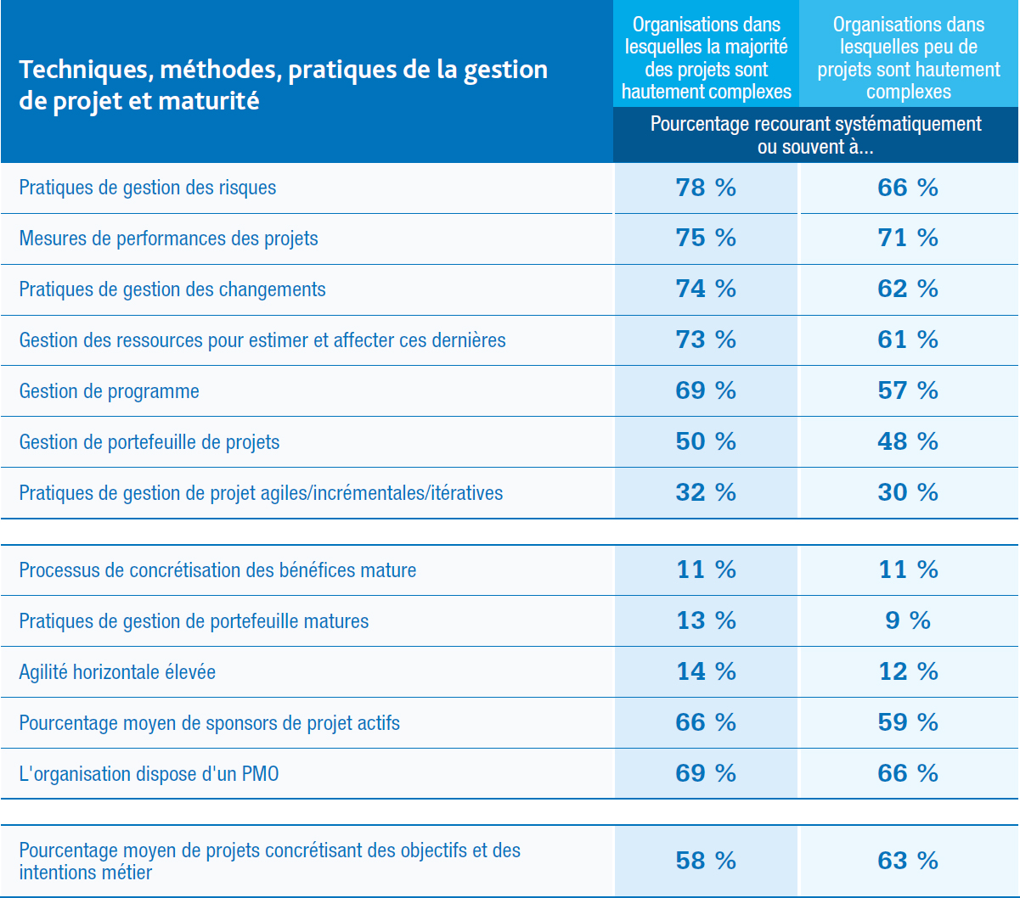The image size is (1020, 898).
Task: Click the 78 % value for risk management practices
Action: coord(706,188)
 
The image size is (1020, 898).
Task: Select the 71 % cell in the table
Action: coord(908,238)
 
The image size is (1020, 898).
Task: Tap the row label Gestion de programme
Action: coord(110,391)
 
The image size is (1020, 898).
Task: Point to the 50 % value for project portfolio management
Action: coord(706,441)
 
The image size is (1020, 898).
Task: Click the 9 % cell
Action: coord(908,620)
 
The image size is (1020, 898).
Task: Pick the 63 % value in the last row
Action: coord(908,861)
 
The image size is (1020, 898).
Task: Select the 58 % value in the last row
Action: coord(706,861)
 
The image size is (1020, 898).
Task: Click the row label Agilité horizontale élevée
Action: coord(117,672)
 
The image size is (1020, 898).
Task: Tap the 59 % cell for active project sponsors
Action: coord(908,722)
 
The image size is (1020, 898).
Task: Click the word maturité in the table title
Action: coord(208,101)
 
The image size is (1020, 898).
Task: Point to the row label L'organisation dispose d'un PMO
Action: coord(149,774)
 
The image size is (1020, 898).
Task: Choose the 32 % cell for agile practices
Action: coord(706,492)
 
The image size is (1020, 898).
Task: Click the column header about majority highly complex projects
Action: coord(707,58)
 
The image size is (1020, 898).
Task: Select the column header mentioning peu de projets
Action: coord(909,58)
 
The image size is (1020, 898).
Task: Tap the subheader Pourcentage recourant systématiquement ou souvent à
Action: coord(815,135)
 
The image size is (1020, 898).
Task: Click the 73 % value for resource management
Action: coord(706,340)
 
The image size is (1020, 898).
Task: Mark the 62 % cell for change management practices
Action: coord(908,289)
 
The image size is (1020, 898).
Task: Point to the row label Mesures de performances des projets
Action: coord(169,239)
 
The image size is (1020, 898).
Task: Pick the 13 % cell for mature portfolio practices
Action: coord(706,620)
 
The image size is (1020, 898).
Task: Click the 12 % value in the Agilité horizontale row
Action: coord(908,671)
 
